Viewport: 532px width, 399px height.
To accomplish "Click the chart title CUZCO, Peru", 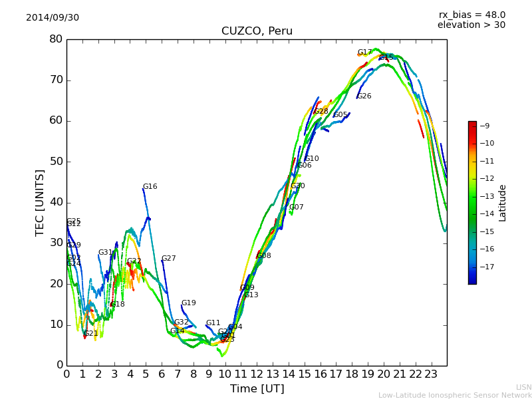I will (x=257, y=31).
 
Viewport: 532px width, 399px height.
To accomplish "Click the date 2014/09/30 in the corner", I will (x=53, y=17).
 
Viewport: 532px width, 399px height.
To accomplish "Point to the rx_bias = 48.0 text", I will (x=471, y=15).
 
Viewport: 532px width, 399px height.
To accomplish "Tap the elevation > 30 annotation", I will (x=471, y=25).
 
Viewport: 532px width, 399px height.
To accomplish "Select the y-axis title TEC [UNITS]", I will (x=40, y=202).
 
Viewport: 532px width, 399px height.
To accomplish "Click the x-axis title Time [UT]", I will (x=257, y=388).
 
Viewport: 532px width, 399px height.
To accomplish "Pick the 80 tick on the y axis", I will (x=56, y=39).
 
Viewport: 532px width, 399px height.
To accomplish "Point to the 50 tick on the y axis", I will (x=56, y=162).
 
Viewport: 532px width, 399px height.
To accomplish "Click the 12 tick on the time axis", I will (x=257, y=374).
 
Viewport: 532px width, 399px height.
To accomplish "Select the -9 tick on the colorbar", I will (x=485, y=126).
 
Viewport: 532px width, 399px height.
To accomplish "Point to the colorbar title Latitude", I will (x=503, y=203).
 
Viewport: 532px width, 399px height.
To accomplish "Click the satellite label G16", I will (x=150, y=187).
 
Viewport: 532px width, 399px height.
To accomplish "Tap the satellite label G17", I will (x=364, y=53).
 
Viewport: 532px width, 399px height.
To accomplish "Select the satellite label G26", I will (x=364, y=96).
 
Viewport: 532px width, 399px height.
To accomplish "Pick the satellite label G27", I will (x=169, y=259).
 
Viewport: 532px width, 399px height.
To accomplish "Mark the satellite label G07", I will (x=296, y=207).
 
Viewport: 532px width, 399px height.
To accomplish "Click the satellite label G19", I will (x=189, y=303).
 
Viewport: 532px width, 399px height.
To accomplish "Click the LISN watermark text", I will (x=523, y=387).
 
